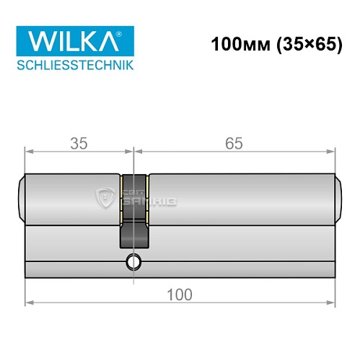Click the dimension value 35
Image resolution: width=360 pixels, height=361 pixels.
79,143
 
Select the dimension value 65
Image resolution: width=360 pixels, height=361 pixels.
233,143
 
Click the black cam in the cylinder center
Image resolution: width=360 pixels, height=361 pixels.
133,217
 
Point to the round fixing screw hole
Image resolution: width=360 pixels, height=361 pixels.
133,261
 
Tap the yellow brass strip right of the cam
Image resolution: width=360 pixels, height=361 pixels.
147,198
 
